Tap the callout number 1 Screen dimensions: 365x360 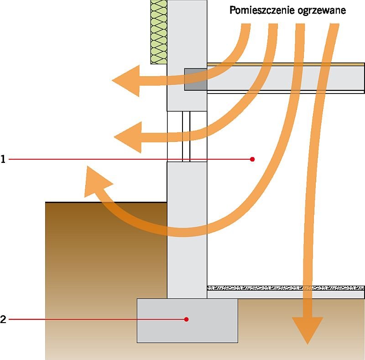3,159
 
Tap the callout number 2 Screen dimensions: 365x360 3,319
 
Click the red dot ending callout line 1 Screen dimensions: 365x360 252,159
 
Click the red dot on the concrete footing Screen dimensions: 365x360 186,319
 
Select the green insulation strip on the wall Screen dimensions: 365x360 159,32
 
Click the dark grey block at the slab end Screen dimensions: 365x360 196,79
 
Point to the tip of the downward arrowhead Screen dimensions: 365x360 308,344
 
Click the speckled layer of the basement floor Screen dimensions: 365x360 286,288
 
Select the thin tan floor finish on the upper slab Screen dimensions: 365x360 286,64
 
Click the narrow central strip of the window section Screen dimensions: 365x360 186,136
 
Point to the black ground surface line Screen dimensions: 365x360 106,203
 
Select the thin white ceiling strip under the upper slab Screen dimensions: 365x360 286,92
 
